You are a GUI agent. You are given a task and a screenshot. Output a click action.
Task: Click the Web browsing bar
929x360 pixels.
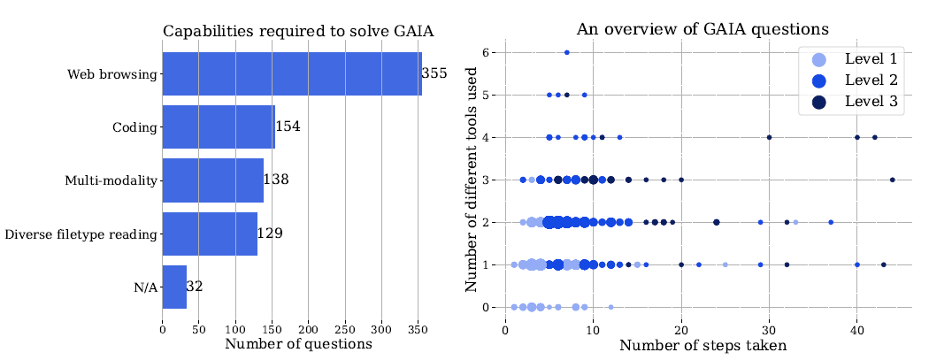pyautogui.click(x=292, y=74)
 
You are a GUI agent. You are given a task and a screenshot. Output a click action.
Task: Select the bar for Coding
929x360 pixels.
pyautogui.click(x=219, y=127)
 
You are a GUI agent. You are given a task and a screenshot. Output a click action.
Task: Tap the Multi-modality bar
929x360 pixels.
pyautogui.click(x=212, y=180)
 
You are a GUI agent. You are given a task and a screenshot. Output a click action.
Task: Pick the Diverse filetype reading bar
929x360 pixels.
pyautogui.click(x=210, y=234)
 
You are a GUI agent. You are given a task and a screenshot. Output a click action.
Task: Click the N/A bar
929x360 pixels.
pyautogui.click(x=174, y=287)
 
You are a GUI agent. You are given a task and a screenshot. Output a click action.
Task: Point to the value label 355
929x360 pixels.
pyautogui.click(x=434, y=73)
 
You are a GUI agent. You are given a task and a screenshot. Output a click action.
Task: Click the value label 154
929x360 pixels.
pyautogui.click(x=288, y=126)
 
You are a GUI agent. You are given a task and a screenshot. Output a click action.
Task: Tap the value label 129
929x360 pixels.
pyautogui.click(x=269, y=234)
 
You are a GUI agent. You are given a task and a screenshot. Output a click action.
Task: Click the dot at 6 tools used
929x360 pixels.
pyautogui.click(x=566, y=53)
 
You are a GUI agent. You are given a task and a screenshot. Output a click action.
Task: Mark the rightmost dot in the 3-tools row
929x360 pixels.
pyautogui.click(x=892, y=180)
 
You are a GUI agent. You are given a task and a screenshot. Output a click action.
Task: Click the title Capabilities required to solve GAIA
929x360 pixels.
pyautogui.click(x=298, y=33)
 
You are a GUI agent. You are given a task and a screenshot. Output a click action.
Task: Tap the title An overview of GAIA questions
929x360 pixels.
pyautogui.click(x=703, y=29)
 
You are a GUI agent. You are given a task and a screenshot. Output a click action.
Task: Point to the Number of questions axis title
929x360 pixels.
pyautogui.click(x=298, y=343)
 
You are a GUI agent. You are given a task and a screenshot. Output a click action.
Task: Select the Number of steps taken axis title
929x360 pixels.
pyautogui.click(x=703, y=345)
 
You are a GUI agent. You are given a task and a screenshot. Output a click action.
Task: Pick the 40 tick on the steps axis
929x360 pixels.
pyautogui.click(x=856, y=329)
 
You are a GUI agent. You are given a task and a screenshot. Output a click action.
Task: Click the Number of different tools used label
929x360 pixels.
pyautogui.click(x=472, y=180)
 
